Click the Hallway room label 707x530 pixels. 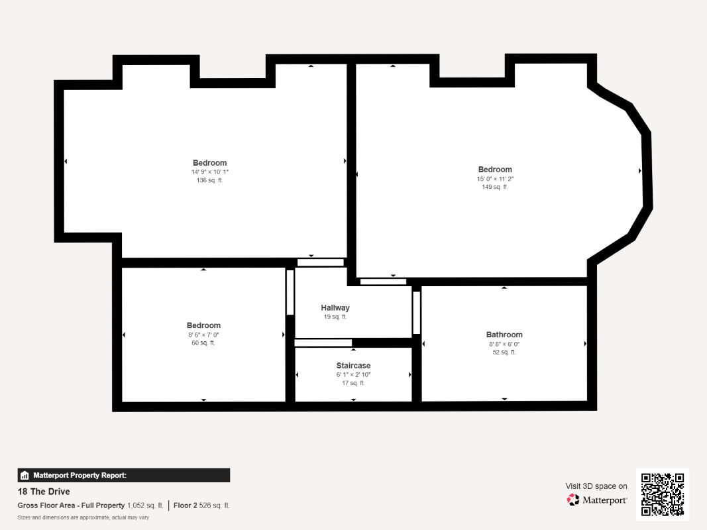335,308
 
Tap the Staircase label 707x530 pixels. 354,366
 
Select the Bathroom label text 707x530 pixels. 504,335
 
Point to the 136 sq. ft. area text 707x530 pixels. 209,180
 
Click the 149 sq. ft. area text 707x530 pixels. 495,187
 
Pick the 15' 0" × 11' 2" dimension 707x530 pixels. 495,179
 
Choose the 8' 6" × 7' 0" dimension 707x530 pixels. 203,335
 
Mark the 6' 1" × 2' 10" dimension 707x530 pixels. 354,374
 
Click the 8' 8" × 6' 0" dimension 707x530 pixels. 504,344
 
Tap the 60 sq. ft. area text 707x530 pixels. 203,343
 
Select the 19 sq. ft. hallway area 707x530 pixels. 335,317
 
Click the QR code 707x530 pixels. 663,494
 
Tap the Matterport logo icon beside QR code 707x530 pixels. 573,500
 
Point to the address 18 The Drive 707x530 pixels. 44,492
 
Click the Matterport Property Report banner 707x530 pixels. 123,476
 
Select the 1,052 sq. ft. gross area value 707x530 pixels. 145,505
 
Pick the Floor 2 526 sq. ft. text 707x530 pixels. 201,505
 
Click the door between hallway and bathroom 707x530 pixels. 417,313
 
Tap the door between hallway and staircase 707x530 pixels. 323,343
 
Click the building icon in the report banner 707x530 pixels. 25,476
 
